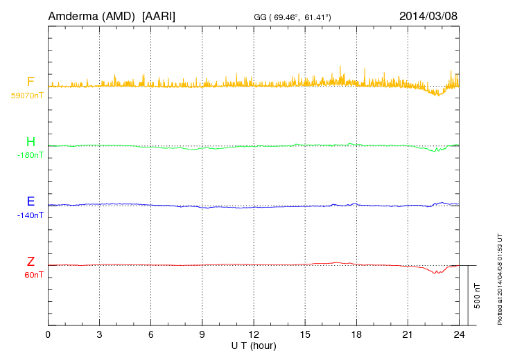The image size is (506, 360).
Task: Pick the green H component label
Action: tap(30, 142)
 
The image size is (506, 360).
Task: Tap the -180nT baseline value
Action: tap(30, 156)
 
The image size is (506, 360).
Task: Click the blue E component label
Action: tap(30, 201)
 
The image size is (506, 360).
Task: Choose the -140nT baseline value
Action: tap(30, 215)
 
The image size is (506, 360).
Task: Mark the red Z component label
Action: tap(30, 262)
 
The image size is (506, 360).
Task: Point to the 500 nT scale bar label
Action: tap(478, 296)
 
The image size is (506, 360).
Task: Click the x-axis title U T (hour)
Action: tap(254, 345)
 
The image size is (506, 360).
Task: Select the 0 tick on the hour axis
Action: tap(48, 334)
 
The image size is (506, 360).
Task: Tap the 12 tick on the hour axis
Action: tap(254, 334)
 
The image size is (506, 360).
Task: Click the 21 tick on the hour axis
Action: tap(408, 334)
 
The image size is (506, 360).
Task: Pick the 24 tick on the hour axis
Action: tap(459, 334)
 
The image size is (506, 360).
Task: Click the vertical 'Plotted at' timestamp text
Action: tap(500, 277)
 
